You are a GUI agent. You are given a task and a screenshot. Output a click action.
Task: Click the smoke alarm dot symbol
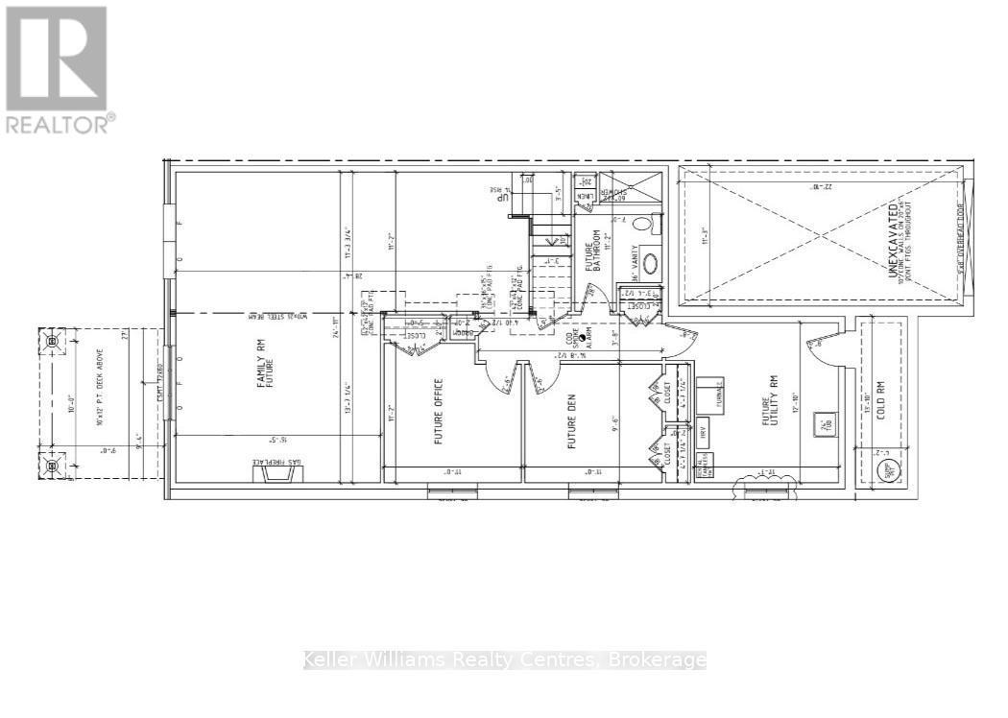coord(582,338)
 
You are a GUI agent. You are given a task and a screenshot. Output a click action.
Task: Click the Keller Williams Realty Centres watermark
coord(504,660)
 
